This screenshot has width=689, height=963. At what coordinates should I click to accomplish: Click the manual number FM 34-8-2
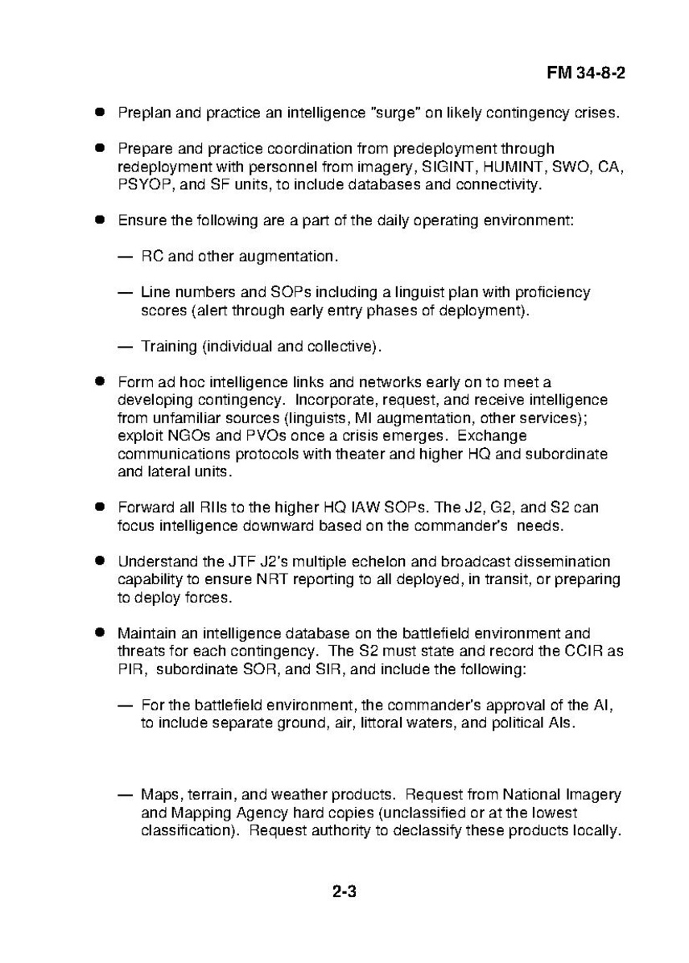[x=586, y=72]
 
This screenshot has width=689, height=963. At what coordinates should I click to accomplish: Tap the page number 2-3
[x=344, y=891]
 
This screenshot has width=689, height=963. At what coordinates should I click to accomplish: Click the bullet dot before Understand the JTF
[x=101, y=561]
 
